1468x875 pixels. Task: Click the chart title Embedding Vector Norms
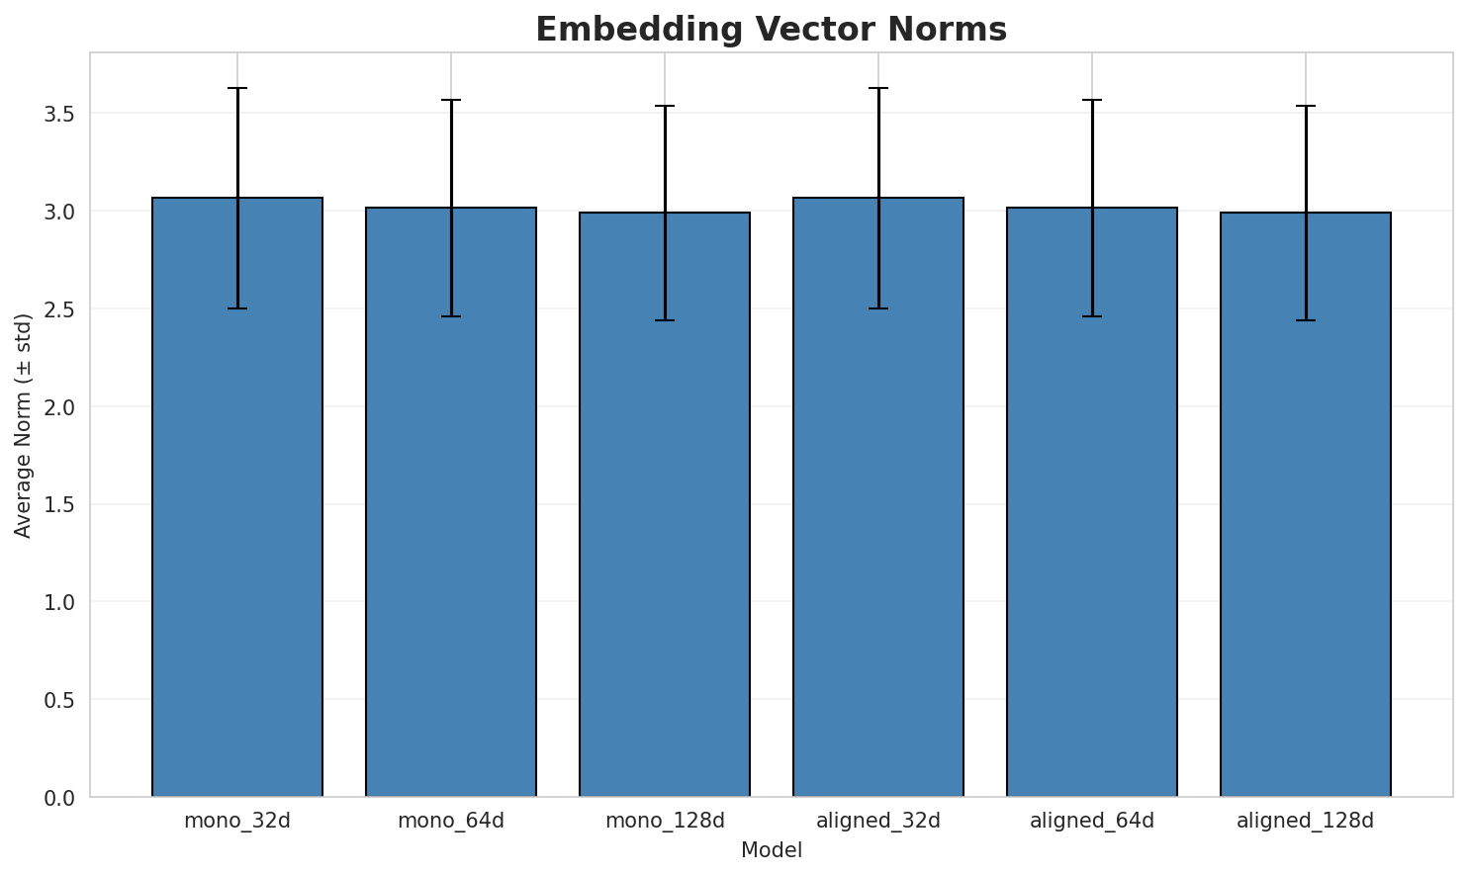coord(771,30)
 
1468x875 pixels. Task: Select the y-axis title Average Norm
coord(24,425)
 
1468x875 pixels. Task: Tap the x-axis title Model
coord(771,850)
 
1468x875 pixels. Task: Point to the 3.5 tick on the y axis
coord(59,114)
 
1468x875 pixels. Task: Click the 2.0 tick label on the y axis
coord(59,407)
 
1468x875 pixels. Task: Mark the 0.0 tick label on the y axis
coord(59,798)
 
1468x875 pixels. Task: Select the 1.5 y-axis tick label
coord(59,505)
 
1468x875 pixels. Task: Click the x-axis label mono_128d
coord(665,821)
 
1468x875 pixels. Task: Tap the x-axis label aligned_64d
coord(1092,821)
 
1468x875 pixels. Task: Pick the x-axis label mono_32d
coord(237,821)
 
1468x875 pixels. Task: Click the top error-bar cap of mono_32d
coord(237,88)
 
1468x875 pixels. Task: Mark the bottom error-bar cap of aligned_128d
coord(1306,320)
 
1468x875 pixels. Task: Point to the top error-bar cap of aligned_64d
coord(1092,100)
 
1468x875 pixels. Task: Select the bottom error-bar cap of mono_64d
coord(451,316)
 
